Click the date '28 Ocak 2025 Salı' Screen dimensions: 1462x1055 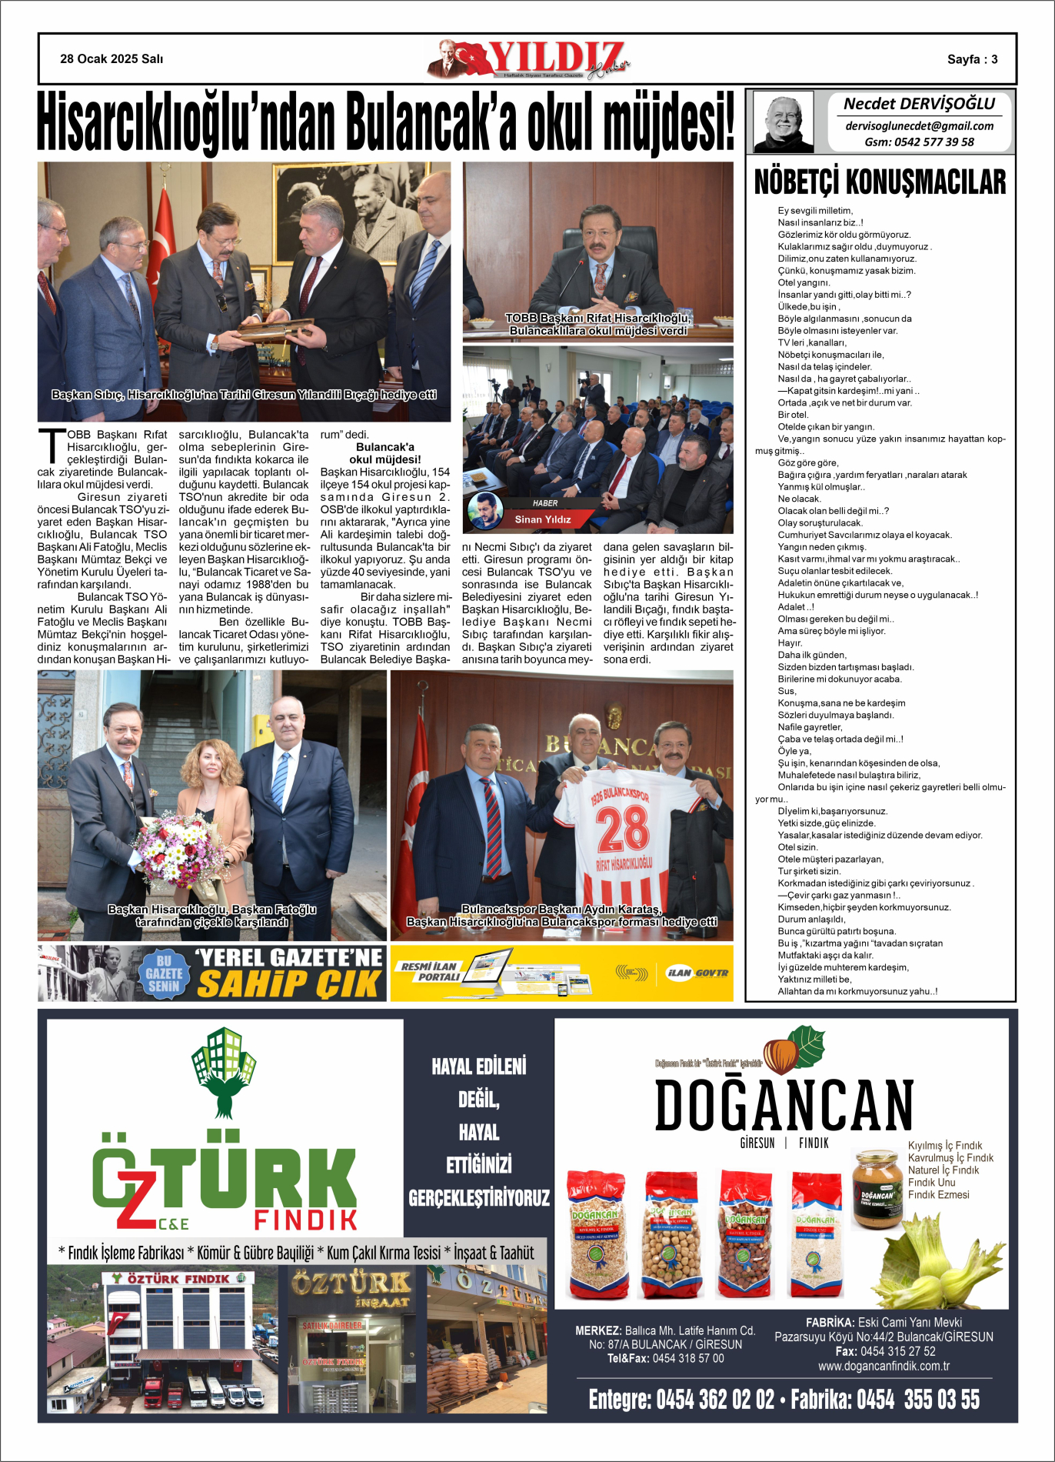tap(111, 59)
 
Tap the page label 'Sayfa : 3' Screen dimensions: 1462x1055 tap(972, 59)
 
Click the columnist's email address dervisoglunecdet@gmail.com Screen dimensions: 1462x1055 tap(919, 125)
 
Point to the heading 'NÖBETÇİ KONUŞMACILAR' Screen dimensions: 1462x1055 tap(880, 182)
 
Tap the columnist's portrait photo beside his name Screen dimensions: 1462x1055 tap(783, 122)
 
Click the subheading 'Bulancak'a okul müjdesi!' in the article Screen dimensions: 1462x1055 tap(384, 453)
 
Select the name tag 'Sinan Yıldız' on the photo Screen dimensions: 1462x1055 tap(543, 519)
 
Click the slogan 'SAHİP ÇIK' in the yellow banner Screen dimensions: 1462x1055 tap(288, 984)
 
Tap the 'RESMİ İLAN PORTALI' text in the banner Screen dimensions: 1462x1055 tap(430, 972)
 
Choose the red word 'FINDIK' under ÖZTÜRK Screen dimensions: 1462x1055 tap(305, 1220)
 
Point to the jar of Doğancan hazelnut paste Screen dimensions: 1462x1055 tap(877, 1189)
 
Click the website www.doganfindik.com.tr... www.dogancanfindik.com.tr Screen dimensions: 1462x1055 tap(884, 1366)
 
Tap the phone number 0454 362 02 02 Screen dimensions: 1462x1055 tap(715, 1399)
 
